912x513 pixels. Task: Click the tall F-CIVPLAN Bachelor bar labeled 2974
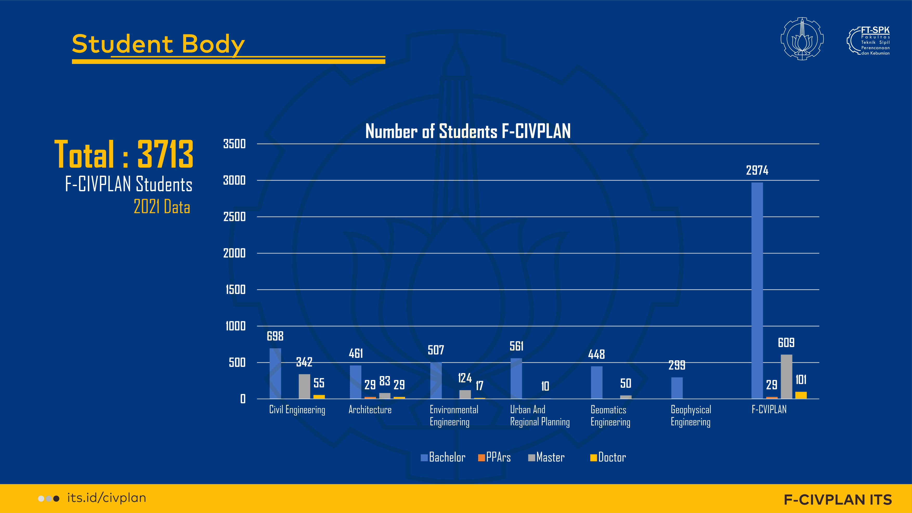(x=757, y=290)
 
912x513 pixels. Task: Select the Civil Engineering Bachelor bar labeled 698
(x=275, y=373)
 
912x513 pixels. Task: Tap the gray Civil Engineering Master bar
(x=304, y=386)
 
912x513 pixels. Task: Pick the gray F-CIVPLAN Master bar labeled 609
(x=786, y=377)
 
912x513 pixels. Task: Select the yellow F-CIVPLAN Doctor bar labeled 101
(x=801, y=395)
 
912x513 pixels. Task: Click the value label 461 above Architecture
(x=356, y=353)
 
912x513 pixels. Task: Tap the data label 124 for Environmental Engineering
(x=465, y=378)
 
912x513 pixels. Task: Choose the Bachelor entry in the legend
(x=443, y=457)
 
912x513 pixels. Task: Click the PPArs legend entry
(x=494, y=457)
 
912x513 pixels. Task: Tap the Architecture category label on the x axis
(x=370, y=410)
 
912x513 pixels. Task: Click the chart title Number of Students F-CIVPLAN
(x=468, y=131)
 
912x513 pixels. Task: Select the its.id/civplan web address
(x=107, y=498)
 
